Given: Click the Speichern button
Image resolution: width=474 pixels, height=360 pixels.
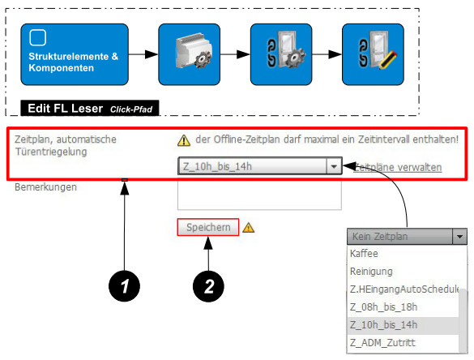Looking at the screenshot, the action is [x=208, y=227].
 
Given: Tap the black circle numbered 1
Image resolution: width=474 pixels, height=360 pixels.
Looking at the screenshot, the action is [x=124, y=286].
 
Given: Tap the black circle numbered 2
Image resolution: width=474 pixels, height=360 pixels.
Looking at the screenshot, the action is [x=208, y=286].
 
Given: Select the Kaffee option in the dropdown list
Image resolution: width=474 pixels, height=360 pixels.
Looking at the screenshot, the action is [x=364, y=254].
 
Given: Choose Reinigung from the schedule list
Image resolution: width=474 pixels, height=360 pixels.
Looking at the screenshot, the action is [x=371, y=272].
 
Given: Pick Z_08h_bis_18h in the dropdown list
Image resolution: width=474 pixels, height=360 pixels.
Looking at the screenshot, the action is [x=383, y=307].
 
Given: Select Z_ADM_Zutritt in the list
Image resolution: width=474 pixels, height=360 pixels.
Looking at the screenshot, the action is [x=382, y=343].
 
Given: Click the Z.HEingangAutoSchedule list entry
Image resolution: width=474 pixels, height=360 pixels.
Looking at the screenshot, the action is [x=404, y=289].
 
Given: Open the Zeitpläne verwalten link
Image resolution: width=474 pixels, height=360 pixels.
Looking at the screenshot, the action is [x=398, y=167].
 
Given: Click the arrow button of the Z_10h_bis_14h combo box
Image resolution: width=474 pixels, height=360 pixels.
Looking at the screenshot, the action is [x=334, y=166].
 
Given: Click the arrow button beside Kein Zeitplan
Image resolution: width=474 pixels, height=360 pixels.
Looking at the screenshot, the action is [x=459, y=236].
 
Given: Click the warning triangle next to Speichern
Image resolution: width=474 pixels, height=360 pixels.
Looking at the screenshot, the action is [x=249, y=228].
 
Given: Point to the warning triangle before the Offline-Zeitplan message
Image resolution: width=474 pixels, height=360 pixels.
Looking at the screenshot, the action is [x=184, y=140].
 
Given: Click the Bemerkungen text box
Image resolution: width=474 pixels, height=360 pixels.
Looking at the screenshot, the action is [x=259, y=195].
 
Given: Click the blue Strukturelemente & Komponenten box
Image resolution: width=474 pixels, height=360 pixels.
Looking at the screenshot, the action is [x=75, y=54].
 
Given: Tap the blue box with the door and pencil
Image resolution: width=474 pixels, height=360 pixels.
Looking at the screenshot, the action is [x=373, y=54].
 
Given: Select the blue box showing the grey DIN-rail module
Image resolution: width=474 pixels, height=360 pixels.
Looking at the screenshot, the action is [x=190, y=54].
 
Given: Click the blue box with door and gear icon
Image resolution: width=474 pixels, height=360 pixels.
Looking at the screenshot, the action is [x=281, y=54].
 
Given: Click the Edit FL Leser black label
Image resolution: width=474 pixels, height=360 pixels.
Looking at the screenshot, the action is [x=90, y=108].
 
